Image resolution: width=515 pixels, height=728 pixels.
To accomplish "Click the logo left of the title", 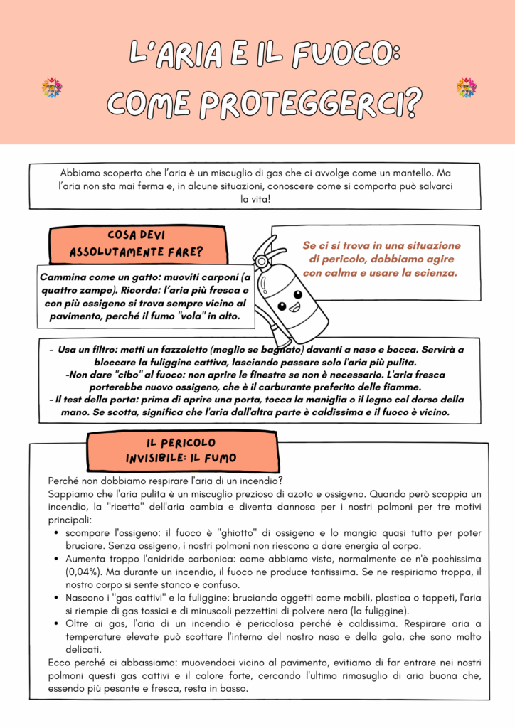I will point(51,87).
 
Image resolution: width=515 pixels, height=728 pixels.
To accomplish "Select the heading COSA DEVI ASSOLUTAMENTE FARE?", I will point(136,244).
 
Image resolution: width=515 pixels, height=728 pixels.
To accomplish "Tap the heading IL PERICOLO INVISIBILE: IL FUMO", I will point(181,451).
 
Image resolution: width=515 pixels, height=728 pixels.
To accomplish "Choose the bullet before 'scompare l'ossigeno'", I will point(56,533).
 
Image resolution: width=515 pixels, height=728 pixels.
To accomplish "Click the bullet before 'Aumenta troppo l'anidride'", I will point(56,560).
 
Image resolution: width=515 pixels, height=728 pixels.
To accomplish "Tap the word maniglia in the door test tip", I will point(292,400).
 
